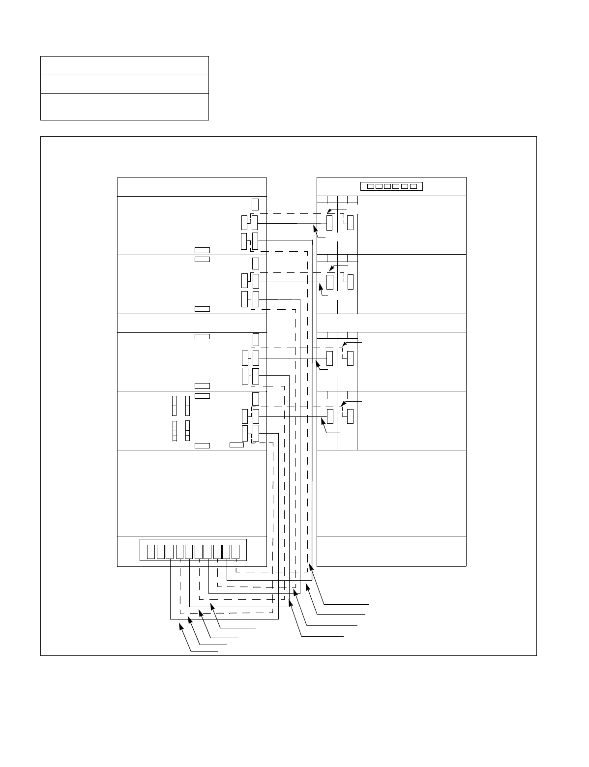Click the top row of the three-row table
click(124, 65)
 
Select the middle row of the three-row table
click(124, 84)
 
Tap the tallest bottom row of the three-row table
click(124, 107)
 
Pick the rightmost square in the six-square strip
click(413, 186)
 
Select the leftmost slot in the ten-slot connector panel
click(151, 552)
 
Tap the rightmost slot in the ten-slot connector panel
click(236, 552)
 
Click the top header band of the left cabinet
click(192, 187)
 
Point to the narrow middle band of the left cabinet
click(192, 323)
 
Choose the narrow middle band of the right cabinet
click(391, 323)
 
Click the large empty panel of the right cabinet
click(391, 493)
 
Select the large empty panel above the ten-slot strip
click(192, 493)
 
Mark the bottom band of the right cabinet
click(391, 551)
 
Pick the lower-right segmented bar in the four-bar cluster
click(188, 431)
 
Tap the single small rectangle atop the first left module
click(255, 204)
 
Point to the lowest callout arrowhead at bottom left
click(181, 625)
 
